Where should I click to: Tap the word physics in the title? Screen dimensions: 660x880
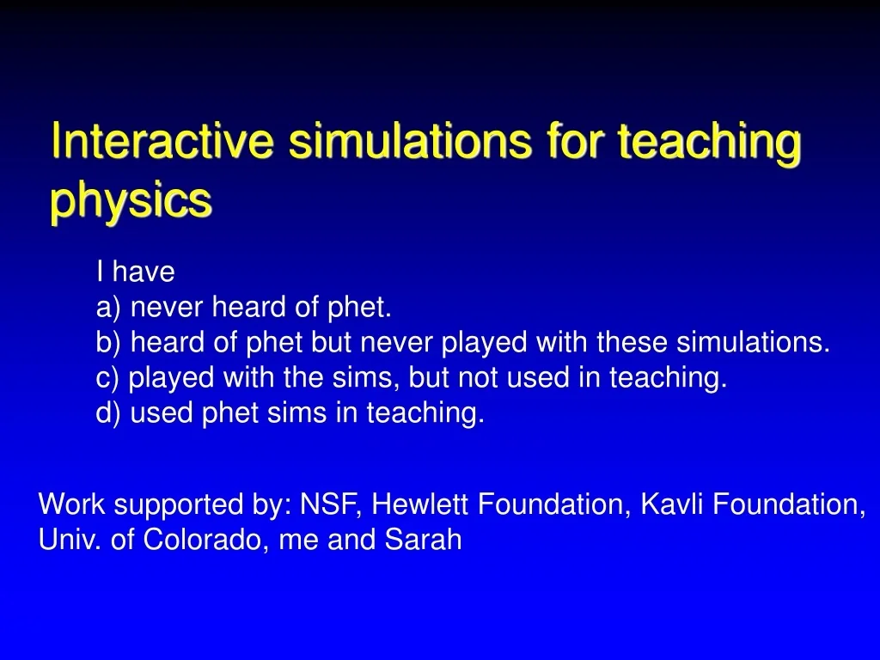(x=130, y=201)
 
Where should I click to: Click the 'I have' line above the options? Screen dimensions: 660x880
(x=136, y=272)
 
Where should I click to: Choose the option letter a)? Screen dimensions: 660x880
(x=109, y=308)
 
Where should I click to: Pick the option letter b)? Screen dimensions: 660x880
(x=109, y=343)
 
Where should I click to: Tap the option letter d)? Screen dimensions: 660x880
(x=109, y=413)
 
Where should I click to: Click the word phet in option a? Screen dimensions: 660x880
(x=363, y=308)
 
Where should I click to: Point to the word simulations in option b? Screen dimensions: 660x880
(x=753, y=343)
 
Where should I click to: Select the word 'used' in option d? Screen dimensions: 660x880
(x=162, y=413)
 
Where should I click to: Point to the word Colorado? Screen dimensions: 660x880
(x=203, y=540)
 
